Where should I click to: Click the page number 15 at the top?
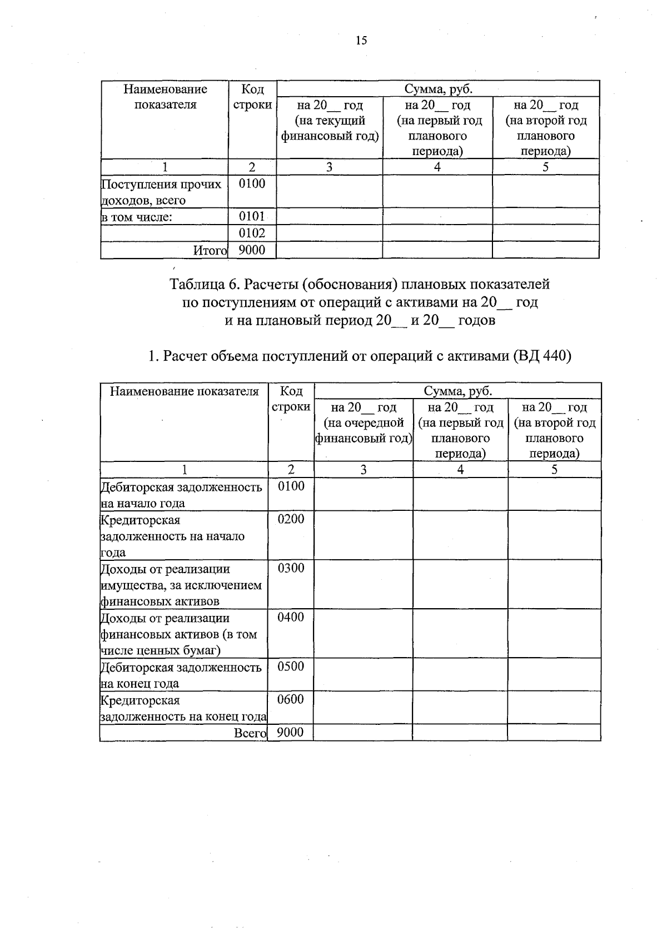[x=361, y=40]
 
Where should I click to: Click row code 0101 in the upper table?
[x=252, y=216]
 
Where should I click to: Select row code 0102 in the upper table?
[x=252, y=233]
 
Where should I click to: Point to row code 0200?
[x=291, y=519]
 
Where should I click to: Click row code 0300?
[x=291, y=568]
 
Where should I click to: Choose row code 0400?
[x=291, y=617]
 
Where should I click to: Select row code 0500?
[x=291, y=667]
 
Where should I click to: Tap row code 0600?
[x=291, y=699]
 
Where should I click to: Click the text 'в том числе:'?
[x=137, y=217]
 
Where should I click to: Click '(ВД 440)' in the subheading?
[x=542, y=356]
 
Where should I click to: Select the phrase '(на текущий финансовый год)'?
[x=330, y=128]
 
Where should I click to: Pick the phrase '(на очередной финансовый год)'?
[x=364, y=431]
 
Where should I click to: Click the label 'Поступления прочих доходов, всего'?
[x=161, y=192]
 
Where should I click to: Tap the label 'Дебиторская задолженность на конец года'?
[x=181, y=675]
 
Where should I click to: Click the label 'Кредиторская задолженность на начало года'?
[x=172, y=536]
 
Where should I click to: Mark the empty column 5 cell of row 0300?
[x=554, y=584]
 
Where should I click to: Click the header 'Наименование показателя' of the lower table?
[x=184, y=391]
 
